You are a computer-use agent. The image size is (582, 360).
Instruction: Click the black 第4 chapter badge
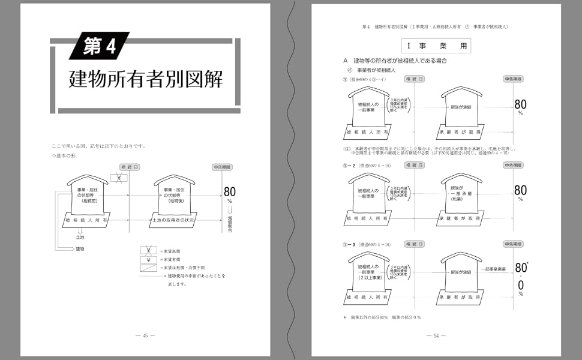click(x=99, y=47)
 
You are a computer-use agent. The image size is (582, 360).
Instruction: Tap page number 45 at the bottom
click(x=145, y=335)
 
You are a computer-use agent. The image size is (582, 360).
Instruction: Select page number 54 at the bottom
click(x=436, y=335)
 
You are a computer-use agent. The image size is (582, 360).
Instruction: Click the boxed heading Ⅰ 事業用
click(x=436, y=46)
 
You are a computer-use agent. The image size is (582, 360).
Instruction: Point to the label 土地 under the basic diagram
click(x=80, y=238)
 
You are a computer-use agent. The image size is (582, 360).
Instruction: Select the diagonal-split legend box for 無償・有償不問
click(x=148, y=268)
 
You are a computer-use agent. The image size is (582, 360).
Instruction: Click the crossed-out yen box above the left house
click(x=119, y=178)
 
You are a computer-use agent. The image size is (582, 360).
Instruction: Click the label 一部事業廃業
click(x=495, y=269)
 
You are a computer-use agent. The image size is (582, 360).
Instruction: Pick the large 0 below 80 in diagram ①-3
click(x=521, y=284)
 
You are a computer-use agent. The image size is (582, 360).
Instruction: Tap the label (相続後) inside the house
click(x=174, y=202)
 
